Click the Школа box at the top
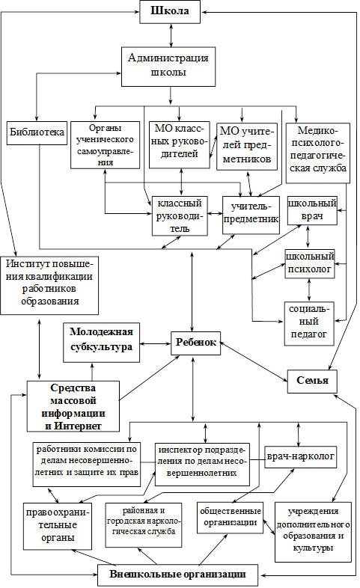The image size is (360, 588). (170, 12)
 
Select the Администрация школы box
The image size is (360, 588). (168, 67)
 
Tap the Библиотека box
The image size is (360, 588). (37, 132)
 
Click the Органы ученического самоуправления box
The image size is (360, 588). (105, 144)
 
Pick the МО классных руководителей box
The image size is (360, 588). (179, 144)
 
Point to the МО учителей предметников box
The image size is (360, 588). (247, 147)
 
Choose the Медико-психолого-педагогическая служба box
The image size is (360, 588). (318, 153)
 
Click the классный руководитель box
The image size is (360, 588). (180, 216)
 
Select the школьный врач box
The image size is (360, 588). (312, 210)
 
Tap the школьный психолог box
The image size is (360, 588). (310, 263)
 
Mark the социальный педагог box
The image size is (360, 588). (309, 324)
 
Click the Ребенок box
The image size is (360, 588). (196, 343)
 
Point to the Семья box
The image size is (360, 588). (312, 382)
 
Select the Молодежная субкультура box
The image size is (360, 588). (101, 343)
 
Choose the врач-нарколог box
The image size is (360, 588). (300, 457)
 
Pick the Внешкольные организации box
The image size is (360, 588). (177, 575)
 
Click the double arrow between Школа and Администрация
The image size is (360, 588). (171, 35)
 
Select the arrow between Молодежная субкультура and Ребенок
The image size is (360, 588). (155, 343)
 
